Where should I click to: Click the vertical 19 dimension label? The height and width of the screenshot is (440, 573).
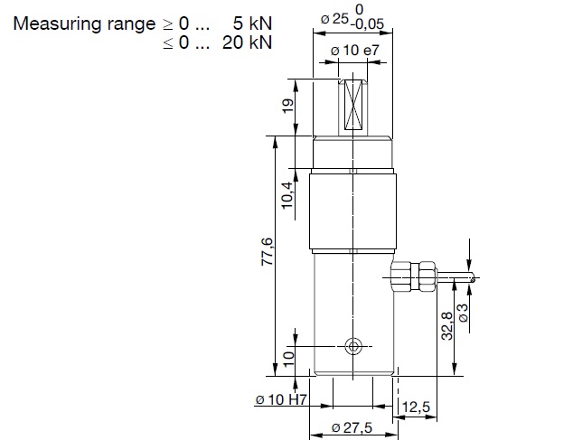point(288,107)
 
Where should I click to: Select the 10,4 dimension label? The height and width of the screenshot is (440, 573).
point(288,194)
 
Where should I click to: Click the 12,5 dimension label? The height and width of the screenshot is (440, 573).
point(418,407)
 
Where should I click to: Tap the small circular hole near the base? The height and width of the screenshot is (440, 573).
point(353,346)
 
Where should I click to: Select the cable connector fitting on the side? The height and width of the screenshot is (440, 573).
point(414,275)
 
